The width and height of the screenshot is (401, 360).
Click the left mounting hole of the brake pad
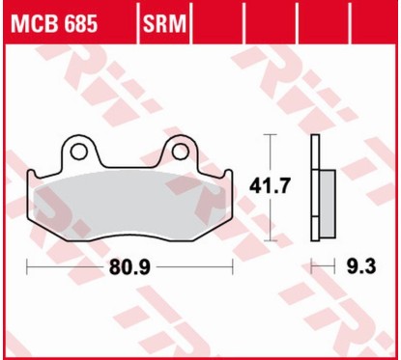75,152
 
